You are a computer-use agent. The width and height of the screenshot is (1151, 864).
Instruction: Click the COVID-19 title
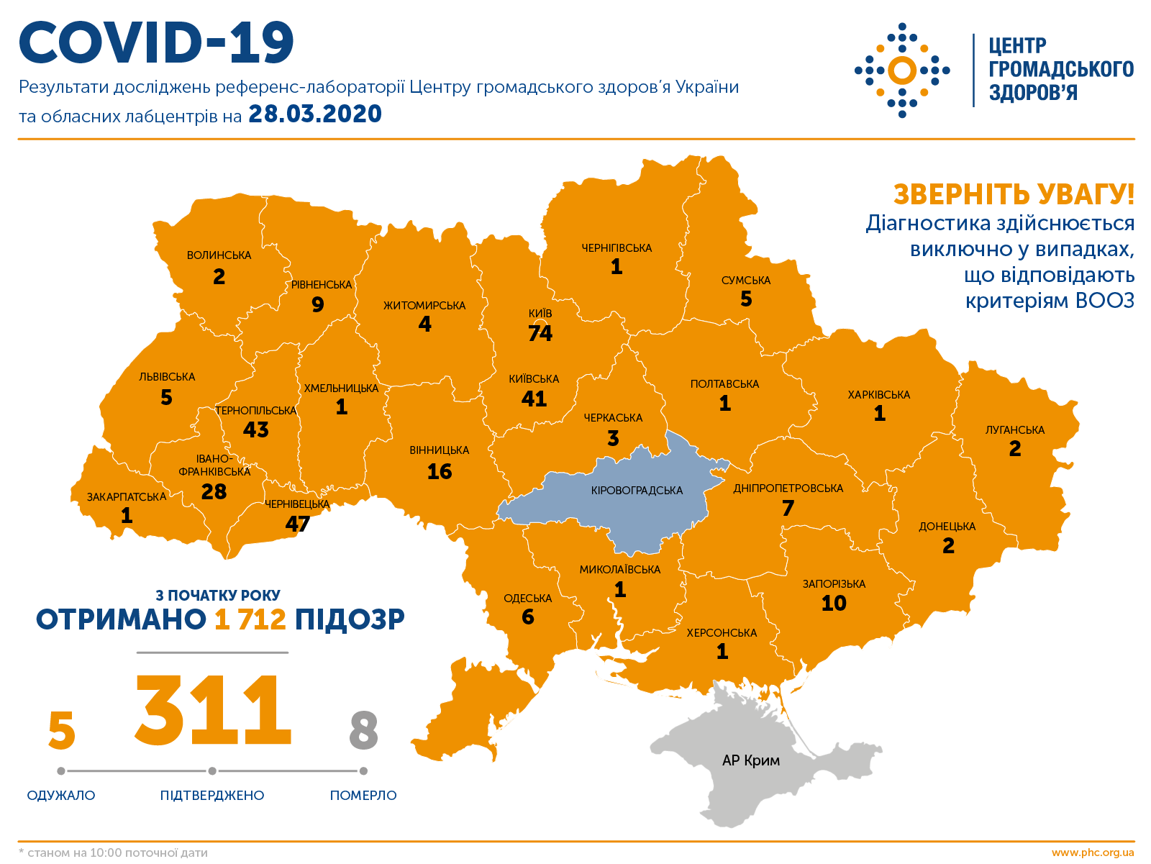click(156, 42)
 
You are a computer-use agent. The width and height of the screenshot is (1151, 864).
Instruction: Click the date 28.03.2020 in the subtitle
click(314, 114)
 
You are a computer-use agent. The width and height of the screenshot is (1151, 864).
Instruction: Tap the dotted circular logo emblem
click(901, 71)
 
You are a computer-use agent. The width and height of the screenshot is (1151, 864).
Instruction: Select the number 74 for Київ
click(540, 333)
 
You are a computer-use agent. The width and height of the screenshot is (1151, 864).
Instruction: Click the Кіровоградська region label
click(637, 491)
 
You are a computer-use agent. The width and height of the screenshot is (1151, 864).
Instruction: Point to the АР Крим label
click(750, 760)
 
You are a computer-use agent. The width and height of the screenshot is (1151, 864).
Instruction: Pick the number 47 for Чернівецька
click(297, 524)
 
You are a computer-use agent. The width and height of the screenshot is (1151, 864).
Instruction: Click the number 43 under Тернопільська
click(255, 429)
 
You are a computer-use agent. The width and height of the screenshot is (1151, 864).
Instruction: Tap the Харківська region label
click(878, 395)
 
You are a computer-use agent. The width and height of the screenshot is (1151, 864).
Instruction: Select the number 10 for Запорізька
click(834, 604)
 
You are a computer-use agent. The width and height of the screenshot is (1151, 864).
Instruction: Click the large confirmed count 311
click(213, 710)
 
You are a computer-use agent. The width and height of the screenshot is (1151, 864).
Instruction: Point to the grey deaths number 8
click(363, 730)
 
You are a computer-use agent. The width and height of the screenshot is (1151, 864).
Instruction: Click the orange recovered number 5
click(61, 730)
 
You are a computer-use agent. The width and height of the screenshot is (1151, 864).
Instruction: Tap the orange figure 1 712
click(250, 619)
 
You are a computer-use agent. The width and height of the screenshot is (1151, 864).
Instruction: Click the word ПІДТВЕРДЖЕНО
click(212, 796)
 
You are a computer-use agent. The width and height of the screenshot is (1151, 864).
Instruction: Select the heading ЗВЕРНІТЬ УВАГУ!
click(1013, 194)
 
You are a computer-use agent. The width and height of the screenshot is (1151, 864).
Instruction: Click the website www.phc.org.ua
click(1092, 852)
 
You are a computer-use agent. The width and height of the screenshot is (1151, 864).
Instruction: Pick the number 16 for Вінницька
click(439, 472)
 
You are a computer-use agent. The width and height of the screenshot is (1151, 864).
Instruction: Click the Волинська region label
click(219, 255)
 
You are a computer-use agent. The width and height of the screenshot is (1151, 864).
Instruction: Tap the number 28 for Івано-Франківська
click(214, 491)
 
